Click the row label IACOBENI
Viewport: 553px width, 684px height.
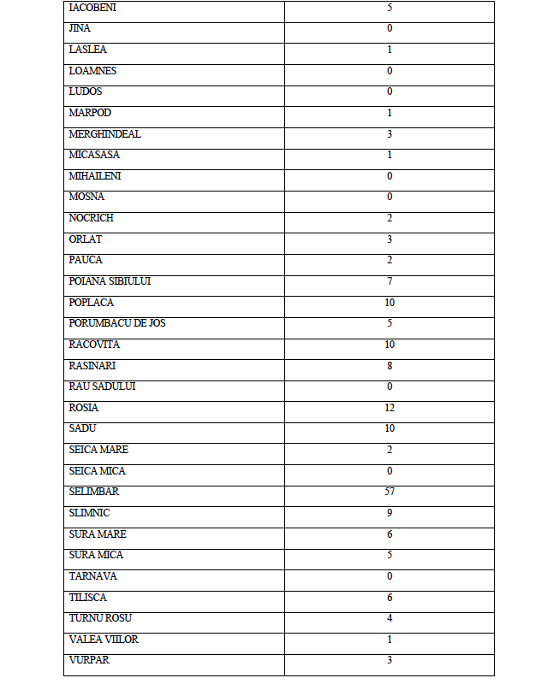(92, 8)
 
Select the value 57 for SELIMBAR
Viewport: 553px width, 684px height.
(389, 492)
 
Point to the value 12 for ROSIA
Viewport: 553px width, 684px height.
(389, 408)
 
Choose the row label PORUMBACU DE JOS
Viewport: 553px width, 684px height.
(117, 323)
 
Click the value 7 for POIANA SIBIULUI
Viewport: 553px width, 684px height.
(389, 281)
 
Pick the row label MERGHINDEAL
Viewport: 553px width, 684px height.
(104, 134)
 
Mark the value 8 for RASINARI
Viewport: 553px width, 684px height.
(389, 365)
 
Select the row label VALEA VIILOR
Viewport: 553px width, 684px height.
(104, 640)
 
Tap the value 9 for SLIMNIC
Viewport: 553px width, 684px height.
(389, 513)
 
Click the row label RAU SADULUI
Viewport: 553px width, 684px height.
(102, 386)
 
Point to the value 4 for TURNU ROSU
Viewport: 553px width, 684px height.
(389, 618)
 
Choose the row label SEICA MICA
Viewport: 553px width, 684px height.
(97, 471)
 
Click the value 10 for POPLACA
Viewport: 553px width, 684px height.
(389, 303)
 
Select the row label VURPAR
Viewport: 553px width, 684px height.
(89, 660)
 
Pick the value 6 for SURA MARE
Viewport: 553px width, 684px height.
(389, 534)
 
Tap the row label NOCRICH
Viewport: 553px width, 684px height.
(91, 218)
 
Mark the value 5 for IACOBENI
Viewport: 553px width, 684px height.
(389, 8)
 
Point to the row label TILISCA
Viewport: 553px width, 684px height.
(87, 598)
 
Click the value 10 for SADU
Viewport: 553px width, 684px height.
(389, 428)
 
